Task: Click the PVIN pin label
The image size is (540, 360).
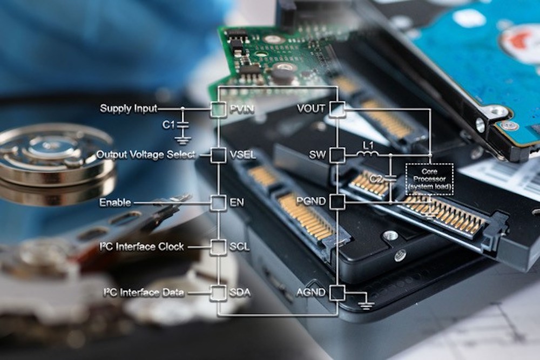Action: pyautogui.click(x=242, y=109)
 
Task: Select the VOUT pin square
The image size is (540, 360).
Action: pyautogui.click(x=337, y=108)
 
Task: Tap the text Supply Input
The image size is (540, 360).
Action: pyautogui.click(x=129, y=109)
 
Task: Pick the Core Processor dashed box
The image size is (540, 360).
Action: pyautogui.click(x=429, y=179)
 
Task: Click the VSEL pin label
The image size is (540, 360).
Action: pyautogui.click(x=243, y=155)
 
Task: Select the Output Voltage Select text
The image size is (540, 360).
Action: pyautogui.click(x=146, y=155)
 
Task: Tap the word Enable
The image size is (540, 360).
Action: pyautogui.click(x=115, y=203)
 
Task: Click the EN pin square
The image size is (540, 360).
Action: pyautogui.click(x=218, y=203)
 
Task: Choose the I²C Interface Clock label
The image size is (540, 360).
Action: pyautogui.click(x=142, y=247)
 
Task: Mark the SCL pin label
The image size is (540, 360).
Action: pyautogui.click(x=240, y=247)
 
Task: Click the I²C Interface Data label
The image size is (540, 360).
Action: pyautogui.click(x=144, y=293)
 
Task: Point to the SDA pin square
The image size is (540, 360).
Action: pyautogui.click(x=218, y=293)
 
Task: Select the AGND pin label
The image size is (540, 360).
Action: pyautogui.click(x=311, y=293)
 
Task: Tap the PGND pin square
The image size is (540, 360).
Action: pyautogui.click(x=337, y=202)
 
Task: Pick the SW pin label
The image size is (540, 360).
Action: pyautogui.click(x=317, y=155)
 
